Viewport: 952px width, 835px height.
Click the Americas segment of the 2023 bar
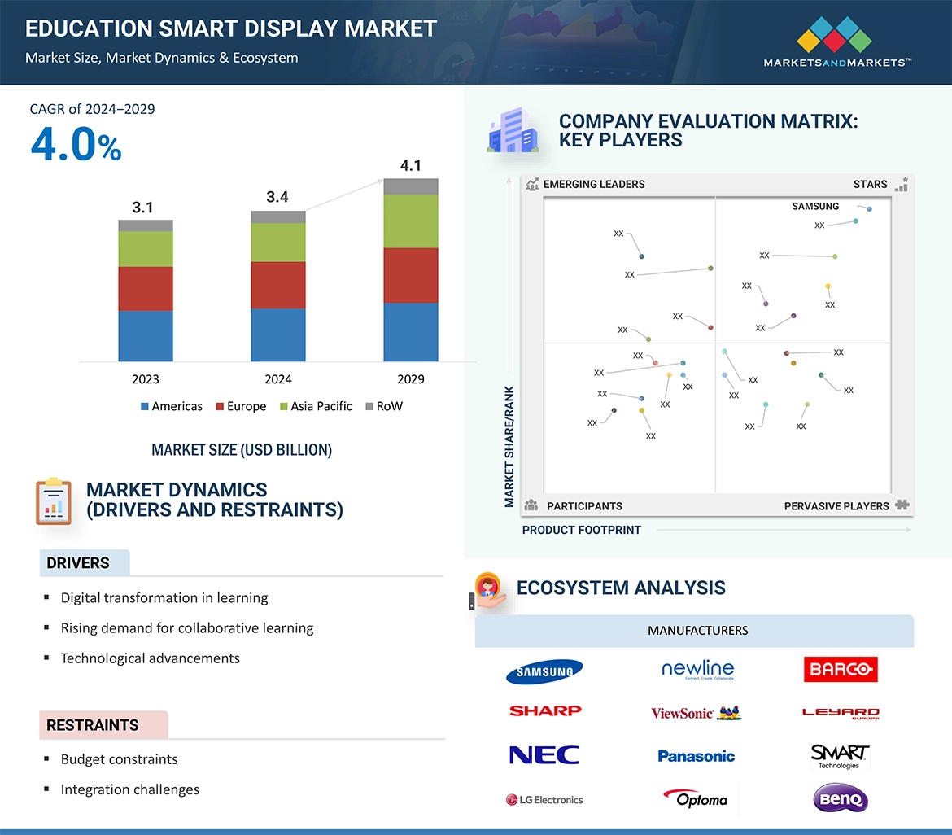pyautogui.click(x=146, y=335)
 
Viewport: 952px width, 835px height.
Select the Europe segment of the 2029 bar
pyautogui.click(x=411, y=275)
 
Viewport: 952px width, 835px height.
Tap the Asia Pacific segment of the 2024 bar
pyautogui.click(x=278, y=242)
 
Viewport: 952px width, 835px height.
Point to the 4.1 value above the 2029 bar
pyautogui.click(x=411, y=166)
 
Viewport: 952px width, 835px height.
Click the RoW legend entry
pyautogui.click(x=384, y=406)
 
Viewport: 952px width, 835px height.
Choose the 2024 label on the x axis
pyautogui.click(x=278, y=379)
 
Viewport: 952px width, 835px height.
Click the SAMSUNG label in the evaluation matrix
pyautogui.click(x=815, y=207)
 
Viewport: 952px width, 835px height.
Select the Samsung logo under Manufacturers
pyautogui.click(x=544, y=671)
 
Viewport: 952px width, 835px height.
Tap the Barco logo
pyautogui.click(x=841, y=670)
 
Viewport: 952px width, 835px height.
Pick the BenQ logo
pyautogui.click(x=841, y=798)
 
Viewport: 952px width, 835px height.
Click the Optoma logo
pyautogui.click(x=696, y=798)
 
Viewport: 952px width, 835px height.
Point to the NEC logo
pyautogui.click(x=544, y=755)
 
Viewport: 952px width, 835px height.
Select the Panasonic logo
pyautogui.click(x=696, y=756)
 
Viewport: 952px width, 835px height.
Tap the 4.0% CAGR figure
pyautogui.click(x=76, y=146)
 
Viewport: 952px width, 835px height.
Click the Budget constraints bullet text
pyautogui.click(x=119, y=759)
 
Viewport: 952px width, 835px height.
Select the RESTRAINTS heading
pyautogui.click(x=93, y=725)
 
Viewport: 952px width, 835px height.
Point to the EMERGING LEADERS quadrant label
pyautogui.click(x=594, y=185)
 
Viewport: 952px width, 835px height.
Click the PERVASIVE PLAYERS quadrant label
pyautogui.click(x=836, y=506)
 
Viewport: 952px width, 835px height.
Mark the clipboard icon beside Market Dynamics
pyautogui.click(x=54, y=501)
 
